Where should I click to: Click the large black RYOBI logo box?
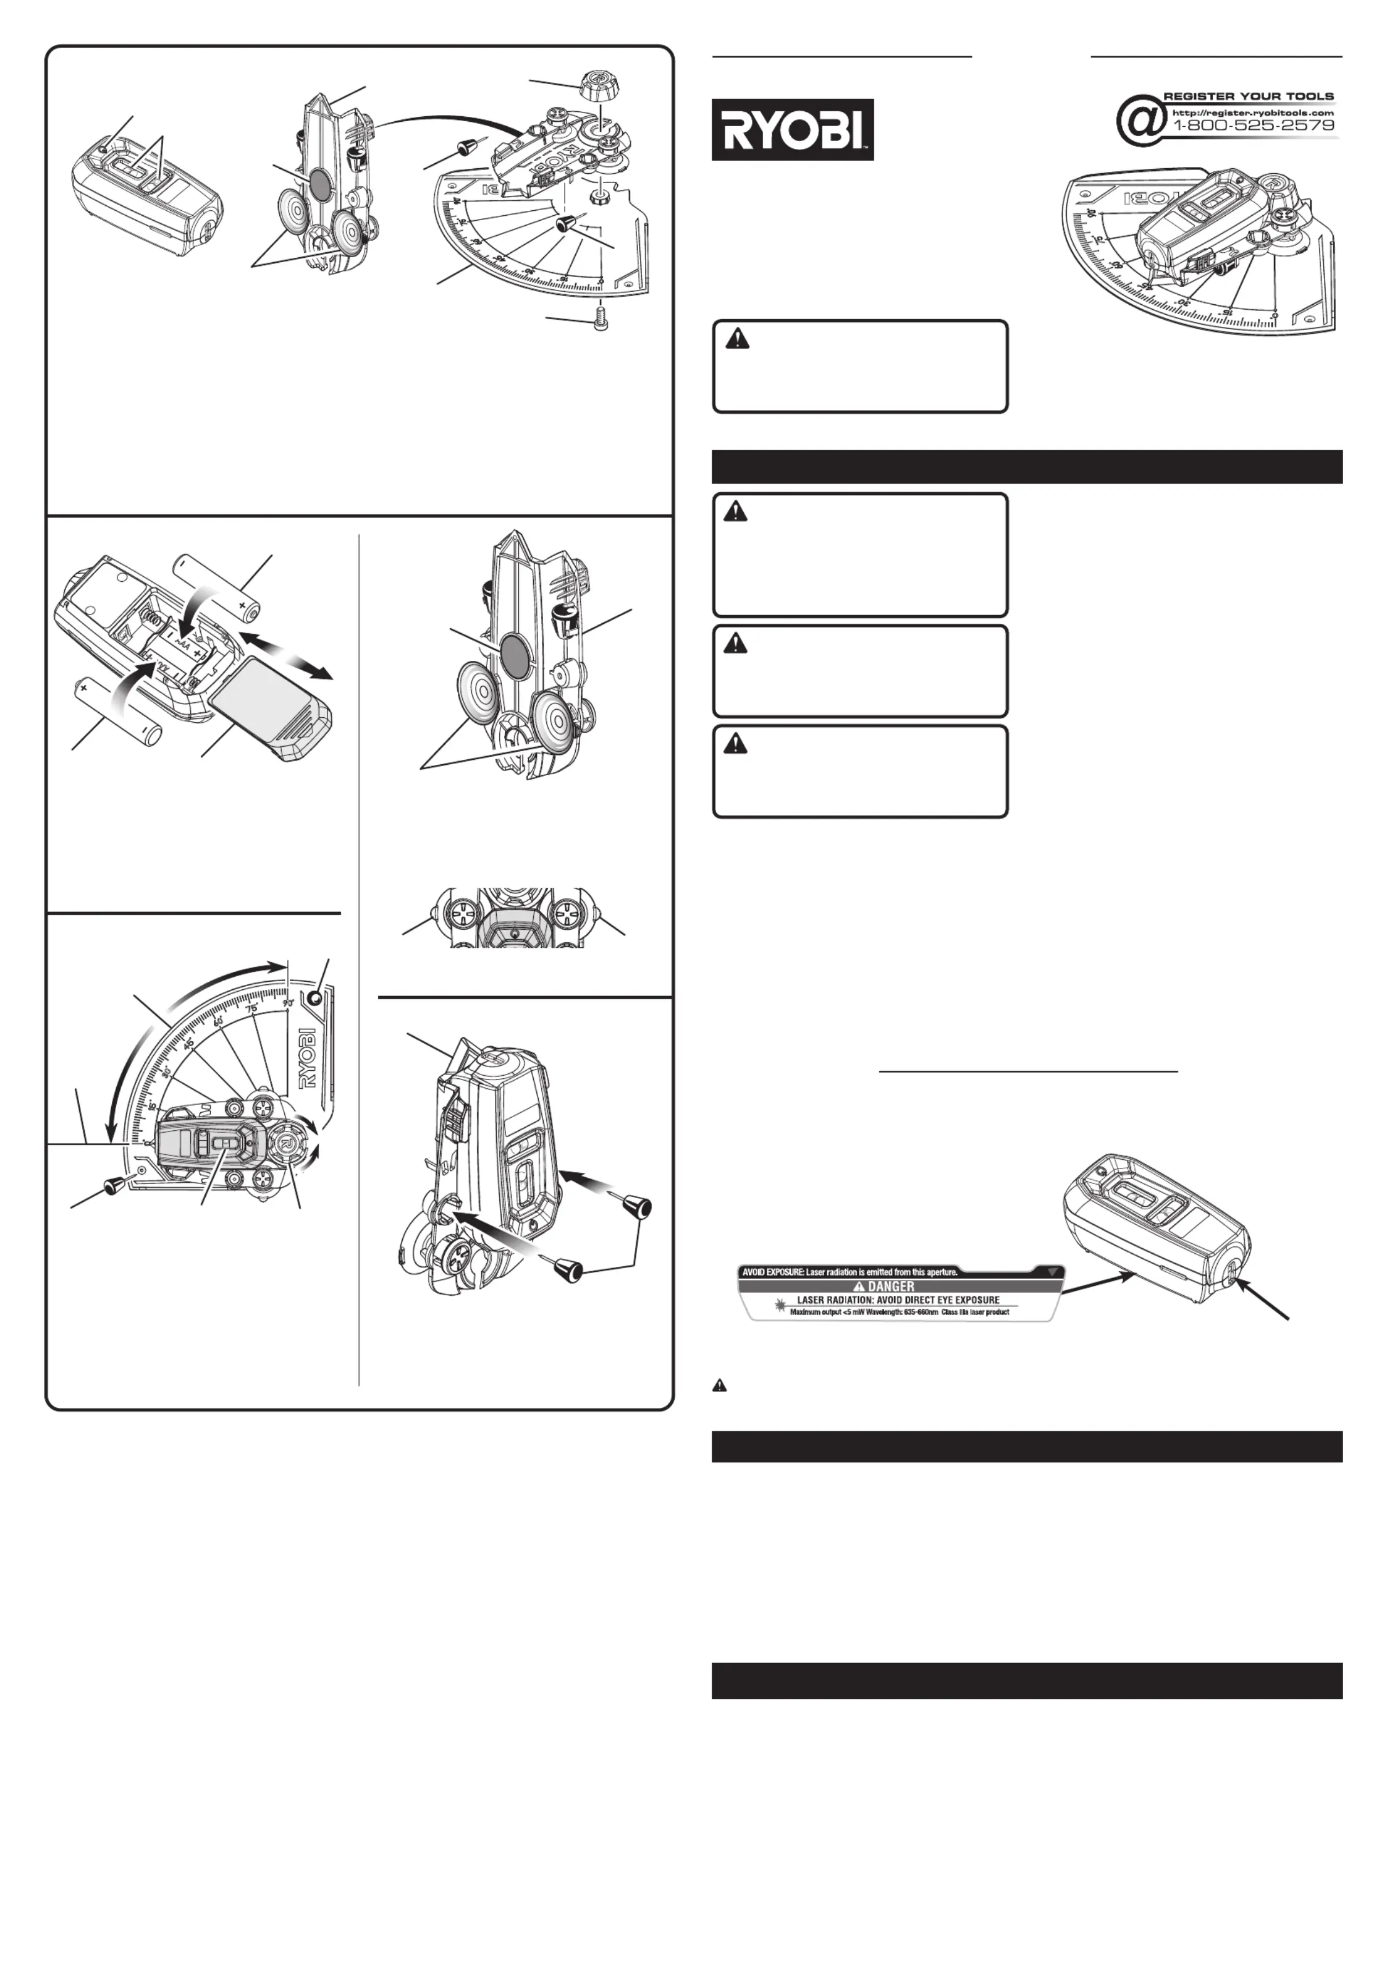click(792, 129)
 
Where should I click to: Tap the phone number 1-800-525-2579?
click(1254, 125)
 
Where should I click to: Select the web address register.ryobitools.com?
click(1252, 112)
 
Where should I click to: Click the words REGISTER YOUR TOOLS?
click(1249, 96)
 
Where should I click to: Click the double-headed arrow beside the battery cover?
click(285, 656)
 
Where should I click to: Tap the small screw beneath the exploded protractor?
click(600, 322)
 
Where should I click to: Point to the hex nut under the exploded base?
click(600, 194)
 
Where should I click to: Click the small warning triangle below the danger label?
click(720, 1384)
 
